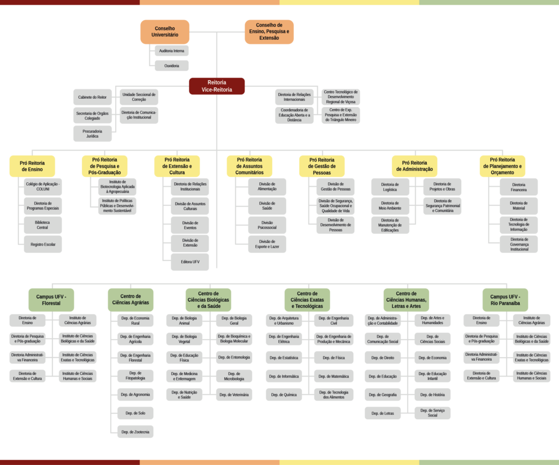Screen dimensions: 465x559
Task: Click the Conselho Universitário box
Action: pos(165,32)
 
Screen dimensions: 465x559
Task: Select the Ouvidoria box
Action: pos(171,65)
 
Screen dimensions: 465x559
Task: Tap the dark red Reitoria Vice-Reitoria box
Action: pos(217,86)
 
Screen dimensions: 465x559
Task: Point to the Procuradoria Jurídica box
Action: pos(92,134)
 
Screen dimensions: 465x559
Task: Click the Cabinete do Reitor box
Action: pos(92,97)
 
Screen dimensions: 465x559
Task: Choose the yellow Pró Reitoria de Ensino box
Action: pos(32,166)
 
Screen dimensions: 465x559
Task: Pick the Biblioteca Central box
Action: pos(43,225)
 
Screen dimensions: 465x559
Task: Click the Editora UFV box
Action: pos(189,262)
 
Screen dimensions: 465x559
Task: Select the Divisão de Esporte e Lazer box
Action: pos(267,244)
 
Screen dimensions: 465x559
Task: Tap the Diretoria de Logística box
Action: pos(390,187)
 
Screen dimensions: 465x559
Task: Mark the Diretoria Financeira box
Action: pos(519,187)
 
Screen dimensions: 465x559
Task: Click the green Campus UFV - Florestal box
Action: pos(51,300)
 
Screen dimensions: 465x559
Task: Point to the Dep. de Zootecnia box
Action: pos(135,432)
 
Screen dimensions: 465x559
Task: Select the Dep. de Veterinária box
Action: pos(234,395)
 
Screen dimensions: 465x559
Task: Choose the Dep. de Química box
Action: pos(283,395)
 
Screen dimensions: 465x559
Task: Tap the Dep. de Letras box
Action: pos(383,413)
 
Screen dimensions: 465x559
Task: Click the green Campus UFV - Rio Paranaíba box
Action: pos(505,300)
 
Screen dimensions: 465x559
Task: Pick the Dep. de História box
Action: pos(432,395)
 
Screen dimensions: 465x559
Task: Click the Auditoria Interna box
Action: pos(171,51)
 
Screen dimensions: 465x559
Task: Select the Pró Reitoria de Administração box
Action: pos(414,166)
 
